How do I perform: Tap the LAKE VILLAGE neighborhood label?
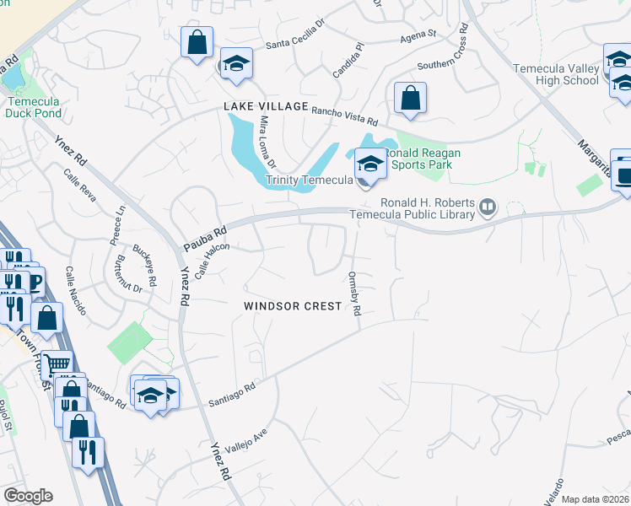266,106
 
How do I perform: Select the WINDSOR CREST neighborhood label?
293,306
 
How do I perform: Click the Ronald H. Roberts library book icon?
488,206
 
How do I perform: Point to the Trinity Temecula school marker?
369,163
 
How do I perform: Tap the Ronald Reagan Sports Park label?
418,159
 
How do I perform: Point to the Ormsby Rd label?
355,294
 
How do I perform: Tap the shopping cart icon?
57,364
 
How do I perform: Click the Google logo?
29,497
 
